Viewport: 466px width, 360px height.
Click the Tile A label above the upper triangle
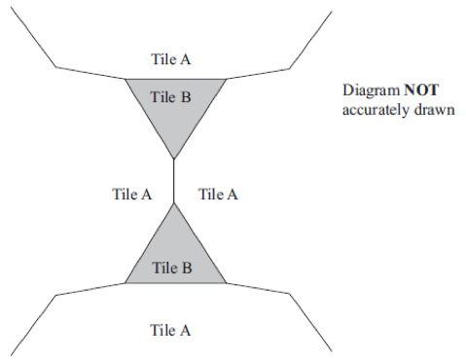[170, 59]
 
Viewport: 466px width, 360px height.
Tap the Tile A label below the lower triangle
[170, 330]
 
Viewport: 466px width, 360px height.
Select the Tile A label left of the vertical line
[131, 195]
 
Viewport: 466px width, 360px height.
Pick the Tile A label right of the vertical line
[218, 195]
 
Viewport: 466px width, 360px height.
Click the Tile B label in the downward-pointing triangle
[170, 97]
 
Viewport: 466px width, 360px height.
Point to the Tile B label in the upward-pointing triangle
[172, 268]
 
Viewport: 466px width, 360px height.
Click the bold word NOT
[421, 90]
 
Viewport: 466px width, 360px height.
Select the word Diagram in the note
[372, 90]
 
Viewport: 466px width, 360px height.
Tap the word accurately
[376, 110]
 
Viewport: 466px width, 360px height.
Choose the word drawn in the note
[434, 110]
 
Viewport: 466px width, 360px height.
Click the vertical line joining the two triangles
[174, 181]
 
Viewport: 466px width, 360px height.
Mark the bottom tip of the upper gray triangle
[174, 159]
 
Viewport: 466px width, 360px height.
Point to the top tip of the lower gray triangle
[174, 203]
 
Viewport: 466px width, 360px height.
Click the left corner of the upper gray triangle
[125, 79]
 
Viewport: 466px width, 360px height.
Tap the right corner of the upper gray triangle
[226, 79]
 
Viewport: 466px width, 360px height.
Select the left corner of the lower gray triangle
[125, 283]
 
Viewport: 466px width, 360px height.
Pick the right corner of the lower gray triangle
[226, 283]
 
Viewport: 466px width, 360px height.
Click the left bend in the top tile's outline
[55, 67]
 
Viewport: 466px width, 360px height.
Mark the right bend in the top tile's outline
[290, 68]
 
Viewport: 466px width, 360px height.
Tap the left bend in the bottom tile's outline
[55, 295]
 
